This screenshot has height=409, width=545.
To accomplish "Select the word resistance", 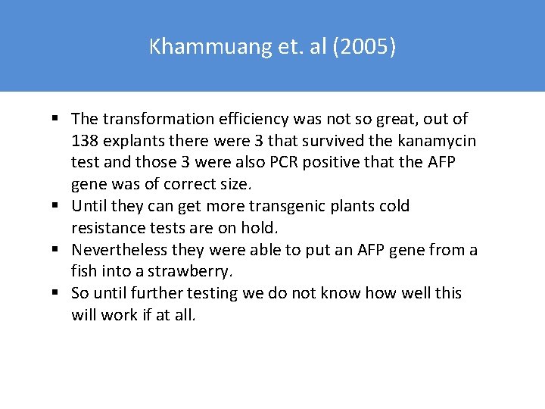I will tap(107, 227).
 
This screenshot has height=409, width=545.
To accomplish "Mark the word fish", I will tap(83, 271).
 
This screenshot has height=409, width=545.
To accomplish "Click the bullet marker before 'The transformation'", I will tap(57, 119).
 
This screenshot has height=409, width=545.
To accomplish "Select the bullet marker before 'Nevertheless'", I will tap(57, 250).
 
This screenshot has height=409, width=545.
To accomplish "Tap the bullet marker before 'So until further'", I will tap(57, 293).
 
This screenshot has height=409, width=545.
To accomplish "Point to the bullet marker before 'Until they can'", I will tap(57, 206).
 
